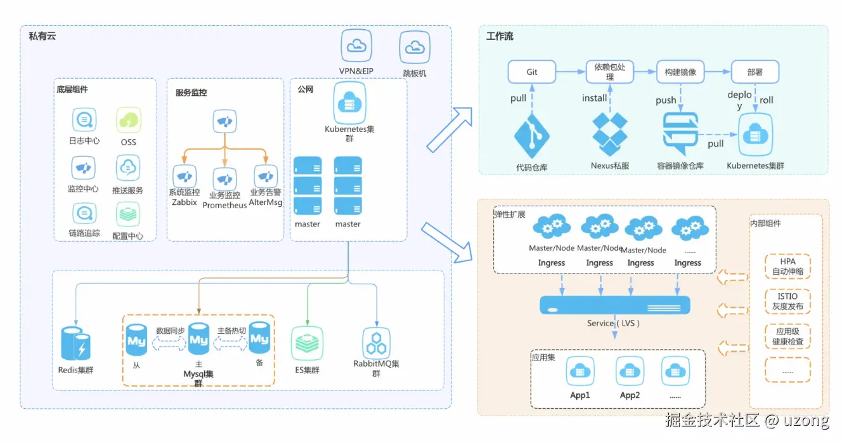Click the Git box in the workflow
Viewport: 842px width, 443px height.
(531, 72)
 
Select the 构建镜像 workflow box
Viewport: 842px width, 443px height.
(680, 72)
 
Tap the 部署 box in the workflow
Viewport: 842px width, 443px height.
(755, 72)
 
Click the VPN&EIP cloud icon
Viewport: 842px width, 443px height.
(356, 46)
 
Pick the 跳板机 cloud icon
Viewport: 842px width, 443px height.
(415, 47)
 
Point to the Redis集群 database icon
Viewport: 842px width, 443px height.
(75, 344)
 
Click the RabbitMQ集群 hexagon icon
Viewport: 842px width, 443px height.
(376, 343)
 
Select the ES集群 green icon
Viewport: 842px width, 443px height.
(307, 343)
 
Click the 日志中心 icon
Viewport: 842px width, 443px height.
(84, 120)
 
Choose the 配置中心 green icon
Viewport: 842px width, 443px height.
(128, 215)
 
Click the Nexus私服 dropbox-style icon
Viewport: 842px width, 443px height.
(610, 135)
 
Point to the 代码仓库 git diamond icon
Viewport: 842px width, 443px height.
(531, 136)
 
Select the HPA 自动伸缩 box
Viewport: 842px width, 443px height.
(787, 267)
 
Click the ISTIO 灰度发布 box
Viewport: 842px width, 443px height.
(787, 301)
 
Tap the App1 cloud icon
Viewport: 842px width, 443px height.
(580, 371)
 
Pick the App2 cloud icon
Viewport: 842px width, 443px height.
(630, 371)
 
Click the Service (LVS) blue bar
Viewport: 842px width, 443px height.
(614, 305)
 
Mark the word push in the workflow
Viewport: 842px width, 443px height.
(666, 100)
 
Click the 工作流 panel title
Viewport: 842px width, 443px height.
(500, 37)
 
